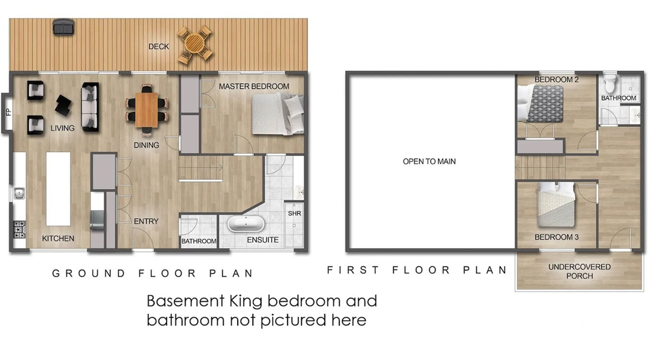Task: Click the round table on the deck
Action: pos(195,45)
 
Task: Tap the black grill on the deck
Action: pos(64,27)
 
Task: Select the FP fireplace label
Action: pos(8,112)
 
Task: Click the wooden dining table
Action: pos(147,110)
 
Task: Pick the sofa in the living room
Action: pos(90,107)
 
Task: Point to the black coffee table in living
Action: pos(63,105)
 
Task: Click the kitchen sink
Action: pos(19,193)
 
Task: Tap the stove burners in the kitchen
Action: pos(19,229)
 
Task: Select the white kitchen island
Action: pos(58,189)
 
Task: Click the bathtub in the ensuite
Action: pos(246,224)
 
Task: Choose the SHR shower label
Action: pos(294,213)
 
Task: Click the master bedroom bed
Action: pos(278,114)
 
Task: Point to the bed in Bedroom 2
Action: pos(540,103)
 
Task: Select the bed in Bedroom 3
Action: pos(556,204)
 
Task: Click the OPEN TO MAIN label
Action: pos(429,161)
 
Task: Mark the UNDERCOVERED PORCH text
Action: pos(579,271)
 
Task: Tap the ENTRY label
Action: pos(146,221)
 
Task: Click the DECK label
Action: pos(159,46)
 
